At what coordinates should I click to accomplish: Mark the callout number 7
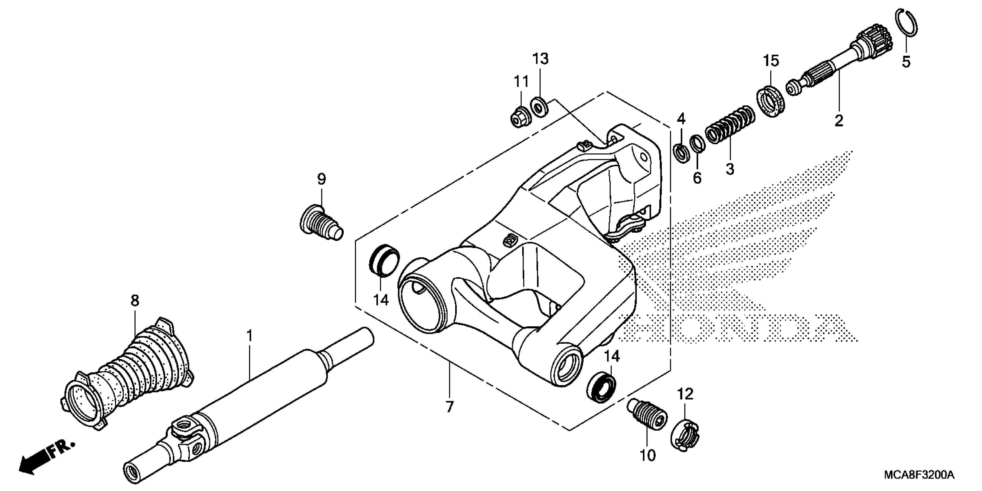(x=450, y=407)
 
